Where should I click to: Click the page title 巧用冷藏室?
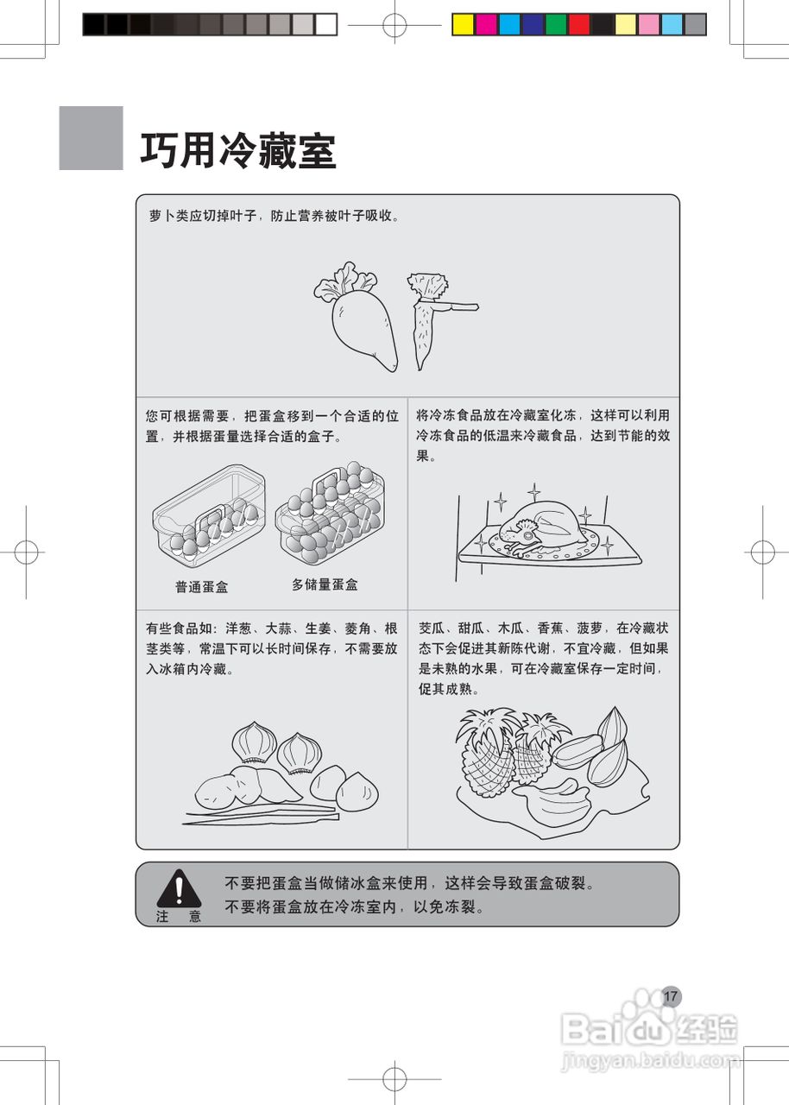(x=237, y=152)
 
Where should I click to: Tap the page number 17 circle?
(x=671, y=996)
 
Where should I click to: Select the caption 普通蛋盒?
(x=201, y=587)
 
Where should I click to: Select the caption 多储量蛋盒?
(x=325, y=584)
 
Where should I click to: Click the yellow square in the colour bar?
(x=464, y=24)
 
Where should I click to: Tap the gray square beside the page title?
(x=91, y=138)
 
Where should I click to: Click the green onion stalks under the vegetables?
(x=259, y=814)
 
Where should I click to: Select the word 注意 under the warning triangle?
(x=179, y=917)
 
